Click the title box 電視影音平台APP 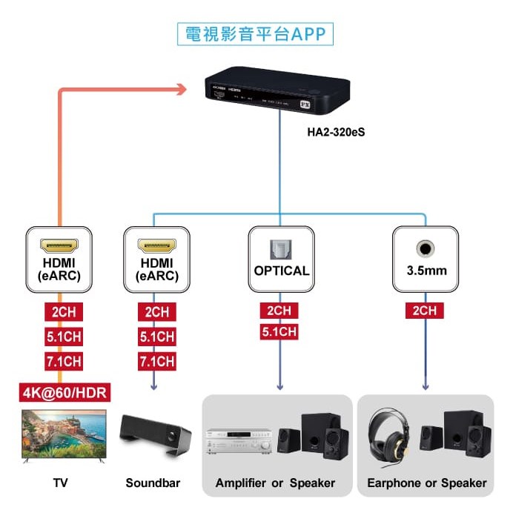click(x=255, y=34)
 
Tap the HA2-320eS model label click(x=337, y=133)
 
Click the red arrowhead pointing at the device click(x=179, y=90)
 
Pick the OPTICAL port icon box click(x=281, y=259)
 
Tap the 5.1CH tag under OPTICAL click(x=279, y=331)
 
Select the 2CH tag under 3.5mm click(x=424, y=311)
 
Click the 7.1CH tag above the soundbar click(x=156, y=362)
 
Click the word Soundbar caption click(x=153, y=483)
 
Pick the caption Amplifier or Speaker click(x=275, y=483)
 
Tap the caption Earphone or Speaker click(x=427, y=483)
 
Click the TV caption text click(x=61, y=483)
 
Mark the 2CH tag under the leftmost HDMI click(x=63, y=311)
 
